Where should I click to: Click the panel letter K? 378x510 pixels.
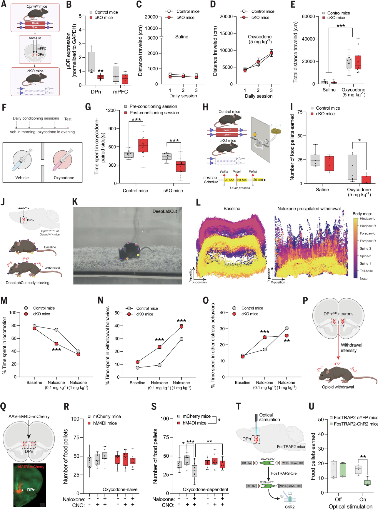pyautogui.click(x=75, y=202)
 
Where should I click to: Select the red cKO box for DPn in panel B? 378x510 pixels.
pyautogui.click(x=100, y=77)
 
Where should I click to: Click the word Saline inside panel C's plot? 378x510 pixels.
pyautogui.click(x=181, y=37)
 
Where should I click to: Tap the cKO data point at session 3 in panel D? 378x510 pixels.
pyautogui.click(x=271, y=53)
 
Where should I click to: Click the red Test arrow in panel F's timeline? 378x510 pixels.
pyautogui.click(x=68, y=125)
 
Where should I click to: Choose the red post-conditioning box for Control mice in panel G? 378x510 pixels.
pyautogui.click(x=143, y=145)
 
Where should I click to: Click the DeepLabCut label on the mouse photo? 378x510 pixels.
pyautogui.click(x=164, y=211)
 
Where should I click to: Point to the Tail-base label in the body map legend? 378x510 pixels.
pyautogui.click(x=366, y=271)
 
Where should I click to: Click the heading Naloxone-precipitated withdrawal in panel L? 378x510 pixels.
pyautogui.click(x=309, y=209)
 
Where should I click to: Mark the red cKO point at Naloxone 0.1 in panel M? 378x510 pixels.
pyautogui.click(x=56, y=344)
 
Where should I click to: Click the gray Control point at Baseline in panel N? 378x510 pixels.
pyautogui.click(x=138, y=368)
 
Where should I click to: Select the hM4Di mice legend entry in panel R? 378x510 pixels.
pyautogui.click(x=105, y=423)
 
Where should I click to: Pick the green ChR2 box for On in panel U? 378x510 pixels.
pyautogui.click(x=367, y=482)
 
